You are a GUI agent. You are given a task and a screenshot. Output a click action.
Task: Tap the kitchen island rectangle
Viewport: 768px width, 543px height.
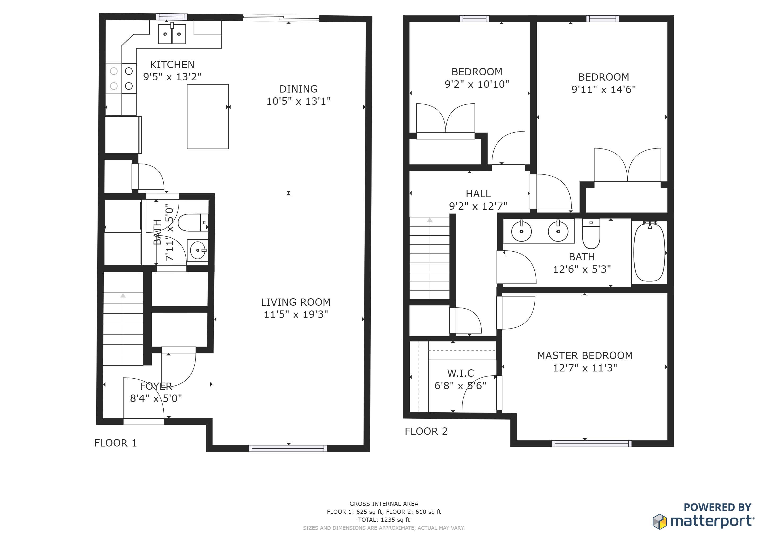(x=208, y=116)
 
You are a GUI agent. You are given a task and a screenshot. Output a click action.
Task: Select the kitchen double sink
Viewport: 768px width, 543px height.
(x=172, y=33)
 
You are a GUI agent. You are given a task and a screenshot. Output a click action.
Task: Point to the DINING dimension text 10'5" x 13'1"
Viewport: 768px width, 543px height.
(x=298, y=101)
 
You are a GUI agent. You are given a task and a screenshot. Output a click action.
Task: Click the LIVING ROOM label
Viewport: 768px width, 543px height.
(x=296, y=302)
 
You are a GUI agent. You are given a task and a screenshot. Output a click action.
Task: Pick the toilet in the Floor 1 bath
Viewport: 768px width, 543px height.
(x=193, y=223)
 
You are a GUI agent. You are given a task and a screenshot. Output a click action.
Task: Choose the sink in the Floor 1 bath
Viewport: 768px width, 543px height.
(x=197, y=250)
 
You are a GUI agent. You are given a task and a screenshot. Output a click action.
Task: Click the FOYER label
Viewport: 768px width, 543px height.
(x=156, y=386)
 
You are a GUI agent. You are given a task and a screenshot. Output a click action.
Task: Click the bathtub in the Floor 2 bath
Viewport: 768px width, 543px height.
(x=649, y=252)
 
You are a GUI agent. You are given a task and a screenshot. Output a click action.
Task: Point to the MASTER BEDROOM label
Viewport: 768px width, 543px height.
(x=585, y=356)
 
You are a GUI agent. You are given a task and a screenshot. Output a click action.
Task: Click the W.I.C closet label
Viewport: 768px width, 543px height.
(x=460, y=373)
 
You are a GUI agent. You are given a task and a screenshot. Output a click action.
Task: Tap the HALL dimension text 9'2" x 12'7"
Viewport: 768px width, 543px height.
(x=478, y=206)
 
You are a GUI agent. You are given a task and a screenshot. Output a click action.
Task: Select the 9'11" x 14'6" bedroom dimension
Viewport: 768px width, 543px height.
(x=603, y=90)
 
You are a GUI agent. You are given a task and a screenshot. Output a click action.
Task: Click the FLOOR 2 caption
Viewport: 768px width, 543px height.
(x=426, y=431)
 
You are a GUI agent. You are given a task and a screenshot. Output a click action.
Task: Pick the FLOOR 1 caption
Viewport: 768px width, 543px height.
(x=115, y=443)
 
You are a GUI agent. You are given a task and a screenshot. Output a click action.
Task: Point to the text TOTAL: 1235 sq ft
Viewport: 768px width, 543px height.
(x=384, y=520)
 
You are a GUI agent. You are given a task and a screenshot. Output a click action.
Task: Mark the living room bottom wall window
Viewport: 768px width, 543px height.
(x=288, y=448)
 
